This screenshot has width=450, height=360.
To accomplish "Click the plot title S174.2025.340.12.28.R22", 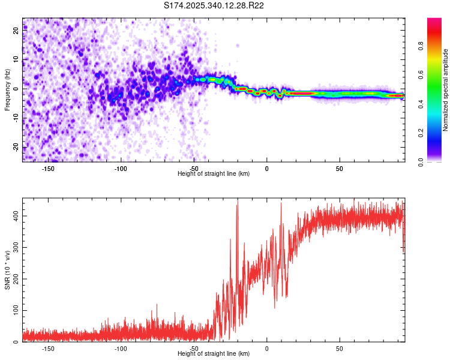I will [x=214, y=5].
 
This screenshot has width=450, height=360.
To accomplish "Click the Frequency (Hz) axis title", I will [x=7, y=90].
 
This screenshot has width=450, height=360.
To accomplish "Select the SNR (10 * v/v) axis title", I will [x=7, y=270].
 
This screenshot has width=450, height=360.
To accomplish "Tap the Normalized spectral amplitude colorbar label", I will [x=445, y=90].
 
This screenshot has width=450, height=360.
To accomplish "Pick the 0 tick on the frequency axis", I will [x=16, y=89].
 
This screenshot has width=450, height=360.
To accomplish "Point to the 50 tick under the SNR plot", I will [x=340, y=349].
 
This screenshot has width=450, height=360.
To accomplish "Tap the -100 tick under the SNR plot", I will [x=121, y=349].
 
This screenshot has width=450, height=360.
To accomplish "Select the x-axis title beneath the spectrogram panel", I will [x=214, y=174].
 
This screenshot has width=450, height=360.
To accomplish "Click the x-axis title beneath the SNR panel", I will [x=214, y=354].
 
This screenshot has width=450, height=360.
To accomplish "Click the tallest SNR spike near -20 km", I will [x=238, y=205].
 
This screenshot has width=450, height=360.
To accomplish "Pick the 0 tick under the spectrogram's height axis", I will [x=267, y=169].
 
